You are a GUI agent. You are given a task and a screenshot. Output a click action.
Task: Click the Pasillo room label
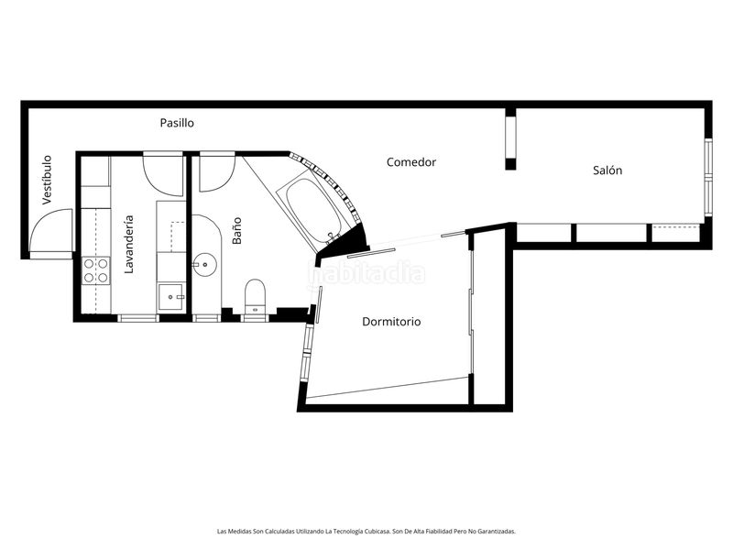coord(177,123)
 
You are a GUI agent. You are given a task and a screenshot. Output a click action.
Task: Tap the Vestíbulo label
coord(47,180)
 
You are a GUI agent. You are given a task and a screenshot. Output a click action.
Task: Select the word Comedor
coord(410,162)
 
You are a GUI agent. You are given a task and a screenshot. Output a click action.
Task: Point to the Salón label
coord(607,170)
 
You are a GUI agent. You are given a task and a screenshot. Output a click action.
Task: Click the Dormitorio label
coord(391,322)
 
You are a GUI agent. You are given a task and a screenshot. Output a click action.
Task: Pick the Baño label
coord(237,230)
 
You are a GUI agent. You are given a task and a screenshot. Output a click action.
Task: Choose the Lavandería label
coord(128,244)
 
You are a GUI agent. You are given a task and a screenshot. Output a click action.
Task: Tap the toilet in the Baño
coord(255,296)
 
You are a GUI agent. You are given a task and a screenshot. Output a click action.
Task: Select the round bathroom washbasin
coord(204,265)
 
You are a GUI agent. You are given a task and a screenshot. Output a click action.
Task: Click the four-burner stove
coord(96,270)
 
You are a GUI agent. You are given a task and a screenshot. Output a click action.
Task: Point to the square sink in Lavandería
coord(171,296)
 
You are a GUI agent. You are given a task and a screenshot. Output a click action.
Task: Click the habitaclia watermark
coord(366,273)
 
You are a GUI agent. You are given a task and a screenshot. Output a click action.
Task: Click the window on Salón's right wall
coord(708,177)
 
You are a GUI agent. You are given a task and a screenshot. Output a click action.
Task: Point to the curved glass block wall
coord(332,183)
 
